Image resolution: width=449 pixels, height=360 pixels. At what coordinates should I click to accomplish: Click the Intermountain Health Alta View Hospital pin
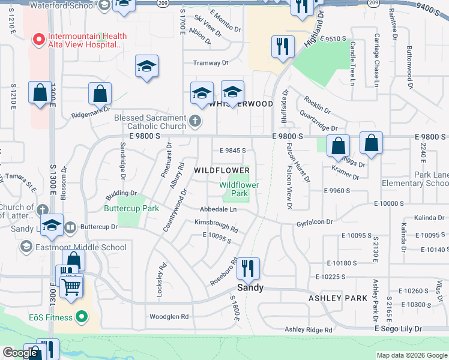[x=39, y=40]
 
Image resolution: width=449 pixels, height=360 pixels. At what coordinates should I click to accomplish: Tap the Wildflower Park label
[x=240, y=189]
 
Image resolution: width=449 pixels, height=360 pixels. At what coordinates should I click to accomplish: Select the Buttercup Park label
[x=131, y=208]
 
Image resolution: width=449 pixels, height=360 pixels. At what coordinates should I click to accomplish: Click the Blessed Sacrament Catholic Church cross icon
[x=194, y=122]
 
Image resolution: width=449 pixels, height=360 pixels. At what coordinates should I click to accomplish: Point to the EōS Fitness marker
[x=83, y=317]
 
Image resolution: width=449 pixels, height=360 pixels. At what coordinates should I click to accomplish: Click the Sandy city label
[x=250, y=287]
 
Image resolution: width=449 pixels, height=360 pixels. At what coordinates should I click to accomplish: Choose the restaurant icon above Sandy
[x=249, y=268]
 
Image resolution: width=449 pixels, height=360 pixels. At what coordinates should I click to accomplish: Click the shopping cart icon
[x=71, y=287]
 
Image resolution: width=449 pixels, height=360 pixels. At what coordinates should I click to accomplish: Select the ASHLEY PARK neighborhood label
[x=334, y=298]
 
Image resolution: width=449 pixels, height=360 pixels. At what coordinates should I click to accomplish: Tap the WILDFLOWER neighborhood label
[x=221, y=170]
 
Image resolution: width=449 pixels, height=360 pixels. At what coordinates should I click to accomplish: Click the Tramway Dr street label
[x=211, y=63]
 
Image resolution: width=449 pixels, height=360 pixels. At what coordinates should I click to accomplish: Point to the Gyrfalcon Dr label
[x=314, y=222]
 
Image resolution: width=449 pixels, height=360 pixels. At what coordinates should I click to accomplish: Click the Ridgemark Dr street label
[x=91, y=109]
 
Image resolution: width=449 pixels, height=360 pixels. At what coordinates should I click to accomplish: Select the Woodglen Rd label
[x=169, y=316]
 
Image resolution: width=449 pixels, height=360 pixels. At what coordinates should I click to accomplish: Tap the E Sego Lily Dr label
[x=399, y=329]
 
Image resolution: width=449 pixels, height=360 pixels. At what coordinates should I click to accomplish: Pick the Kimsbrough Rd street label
[x=216, y=226]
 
